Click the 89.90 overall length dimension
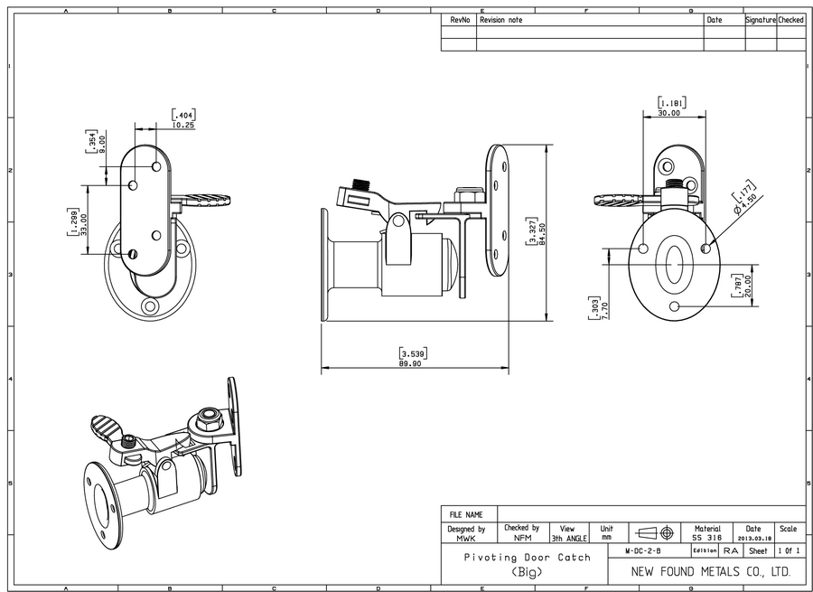click(413, 363)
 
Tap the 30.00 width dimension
click(669, 113)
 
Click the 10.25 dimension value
click(183, 125)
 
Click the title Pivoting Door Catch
click(527, 558)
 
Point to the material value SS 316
click(706, 538)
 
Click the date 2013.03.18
click(753, 538)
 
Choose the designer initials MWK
click(466, 538)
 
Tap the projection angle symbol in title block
click(655, 532)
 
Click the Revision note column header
click(501, 19)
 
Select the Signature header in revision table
click(760, 19)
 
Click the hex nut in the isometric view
click(206, 418)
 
